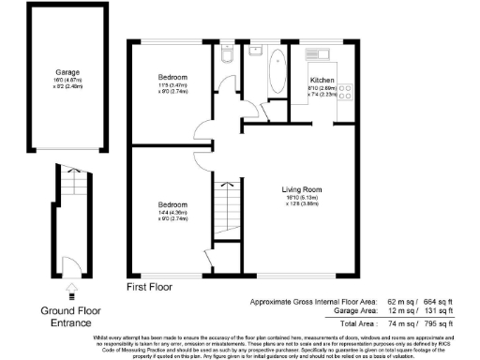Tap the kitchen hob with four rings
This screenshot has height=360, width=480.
click(344, 91)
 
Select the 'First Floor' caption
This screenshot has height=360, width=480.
click(153, 286)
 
